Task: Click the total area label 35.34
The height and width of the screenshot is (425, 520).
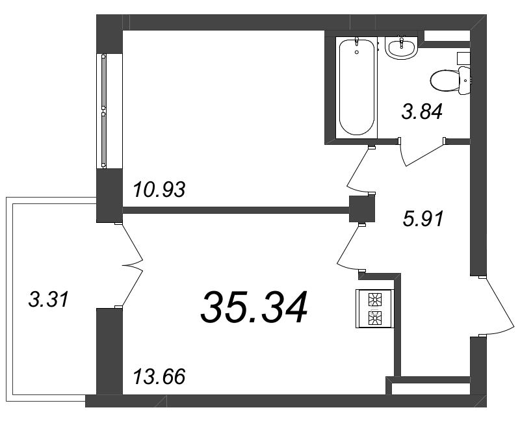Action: pos(253,308)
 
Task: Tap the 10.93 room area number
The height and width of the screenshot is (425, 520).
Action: pos(159,190)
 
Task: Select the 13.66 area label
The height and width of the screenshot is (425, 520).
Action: pos(159,376)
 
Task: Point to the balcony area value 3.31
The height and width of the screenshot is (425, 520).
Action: pos(49,300)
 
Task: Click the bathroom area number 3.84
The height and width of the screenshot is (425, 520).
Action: pos(422,112)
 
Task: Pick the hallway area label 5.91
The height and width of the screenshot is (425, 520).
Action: pos(422,219)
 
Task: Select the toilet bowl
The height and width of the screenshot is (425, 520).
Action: pos(445,81)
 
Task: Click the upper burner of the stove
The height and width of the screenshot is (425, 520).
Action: pos(376,300)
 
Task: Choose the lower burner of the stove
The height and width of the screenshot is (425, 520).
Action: pos(376,318)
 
